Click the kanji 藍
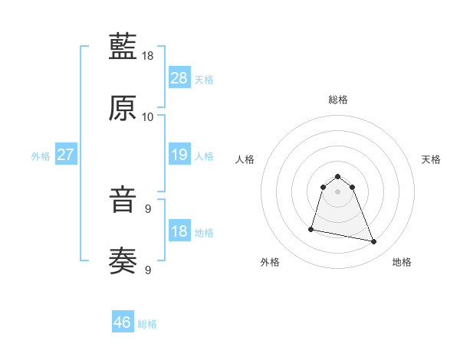click(123, 47)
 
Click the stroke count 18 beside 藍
click(148, 56)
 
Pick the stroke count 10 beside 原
click(148, 117)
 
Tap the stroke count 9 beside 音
click(148, 208)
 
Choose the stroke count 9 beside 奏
click(148, 270)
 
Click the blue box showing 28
click(179, 78)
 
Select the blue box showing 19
click(179, 155)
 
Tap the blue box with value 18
click(179, 231)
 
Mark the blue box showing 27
click(66, 155)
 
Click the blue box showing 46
click(123, 322)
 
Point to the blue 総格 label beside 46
click(147, 324)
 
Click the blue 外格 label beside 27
click(41, 156)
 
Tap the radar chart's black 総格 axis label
click(338, 100)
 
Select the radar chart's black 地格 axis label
click(402, 263)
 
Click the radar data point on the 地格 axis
click(374, 242)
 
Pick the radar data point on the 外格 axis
click(311, 229)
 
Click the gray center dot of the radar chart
click(338, 191)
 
